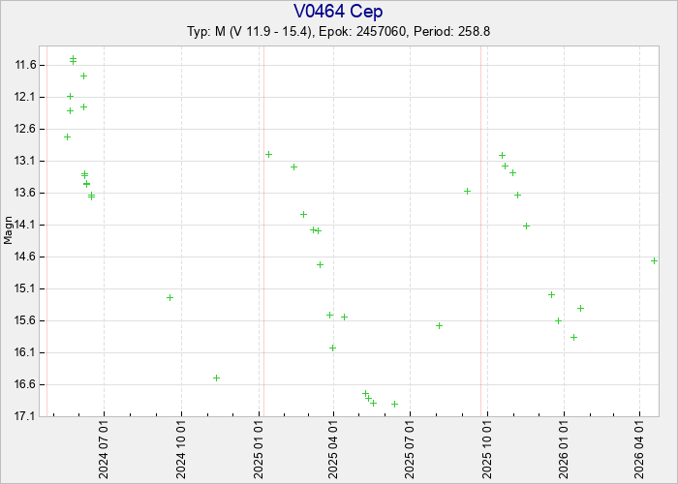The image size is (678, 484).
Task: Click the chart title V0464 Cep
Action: click(x=338, y=12)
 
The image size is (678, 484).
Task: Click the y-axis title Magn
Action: click(x=9, y=232)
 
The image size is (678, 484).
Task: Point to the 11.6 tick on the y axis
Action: click(x=26, y=65)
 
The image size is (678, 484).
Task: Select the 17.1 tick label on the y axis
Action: click(x=26, y=416)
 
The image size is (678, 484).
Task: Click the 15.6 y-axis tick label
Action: click(x=26, y=320)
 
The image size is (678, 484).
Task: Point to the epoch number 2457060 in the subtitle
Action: click(x=385, y=31)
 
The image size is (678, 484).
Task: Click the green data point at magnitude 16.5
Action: click(x=216, y=378)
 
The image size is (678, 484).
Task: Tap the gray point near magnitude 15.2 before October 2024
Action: click(x=169, y=297)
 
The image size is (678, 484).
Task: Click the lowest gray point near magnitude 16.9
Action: click(x=394, y=404)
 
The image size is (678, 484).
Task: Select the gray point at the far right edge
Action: click(x=655, y=260)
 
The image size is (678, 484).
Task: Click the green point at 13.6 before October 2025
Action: click(x=467, y=191)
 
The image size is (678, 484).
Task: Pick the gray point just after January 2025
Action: click(x=268, y=154)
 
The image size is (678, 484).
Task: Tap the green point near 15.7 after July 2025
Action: click(x=439, y=325)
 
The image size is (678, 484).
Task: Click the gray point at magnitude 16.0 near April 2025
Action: click(x=332, y=348)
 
